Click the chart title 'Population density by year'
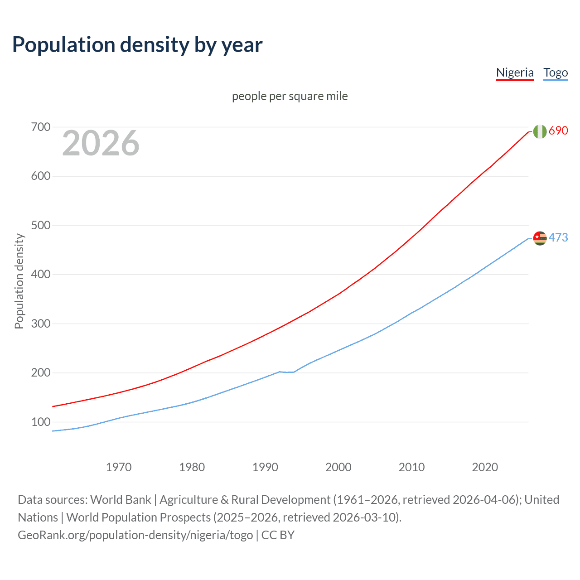[137, 45]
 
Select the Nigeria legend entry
[515, 72]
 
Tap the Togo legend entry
[556, 72]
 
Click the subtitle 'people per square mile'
[290, 96]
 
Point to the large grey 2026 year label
[101, 143]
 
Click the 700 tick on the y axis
[40, 127]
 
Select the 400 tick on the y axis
[40, 274]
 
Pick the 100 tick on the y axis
[40, 422]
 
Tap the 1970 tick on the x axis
[119, 467]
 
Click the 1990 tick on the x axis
[265, 467]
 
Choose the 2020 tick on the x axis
[485, 467]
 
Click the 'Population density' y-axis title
[19, 281]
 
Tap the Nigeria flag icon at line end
[540, 131]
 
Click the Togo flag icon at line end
[540, 238]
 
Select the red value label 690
[558, 130]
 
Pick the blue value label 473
[558, 237]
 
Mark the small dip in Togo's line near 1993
[287, 372]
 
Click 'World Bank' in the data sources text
[121, 499]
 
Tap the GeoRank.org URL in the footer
[135, 535]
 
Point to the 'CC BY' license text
[278, 535]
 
